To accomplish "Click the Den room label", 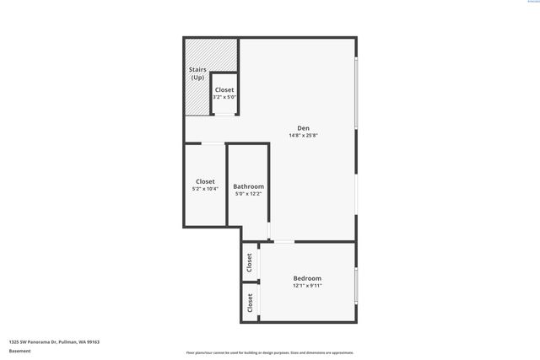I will pos(304,128).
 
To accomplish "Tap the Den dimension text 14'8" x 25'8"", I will pos(304,135).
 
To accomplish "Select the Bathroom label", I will pos(248,186).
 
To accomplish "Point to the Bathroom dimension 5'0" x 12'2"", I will pos(248,194).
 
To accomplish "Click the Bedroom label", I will pos(307,278).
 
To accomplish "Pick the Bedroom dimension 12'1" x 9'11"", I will pos(307,286).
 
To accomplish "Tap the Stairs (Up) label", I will pos(197,74).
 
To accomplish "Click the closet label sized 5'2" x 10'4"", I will pos(205,181).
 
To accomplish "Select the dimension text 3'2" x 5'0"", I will pos(224,97).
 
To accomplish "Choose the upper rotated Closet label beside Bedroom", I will pos(250,262).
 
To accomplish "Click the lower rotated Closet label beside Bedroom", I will pos(250,302).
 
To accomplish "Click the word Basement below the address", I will pos(19,351).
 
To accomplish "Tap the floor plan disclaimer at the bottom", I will pos(269,352).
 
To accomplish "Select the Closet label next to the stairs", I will pos(224,89).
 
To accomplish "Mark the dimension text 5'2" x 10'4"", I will pos(205,189).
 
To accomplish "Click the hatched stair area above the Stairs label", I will pos(197,51).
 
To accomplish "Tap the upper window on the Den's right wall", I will pos(356,93).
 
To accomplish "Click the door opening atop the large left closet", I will pos(213,143).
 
